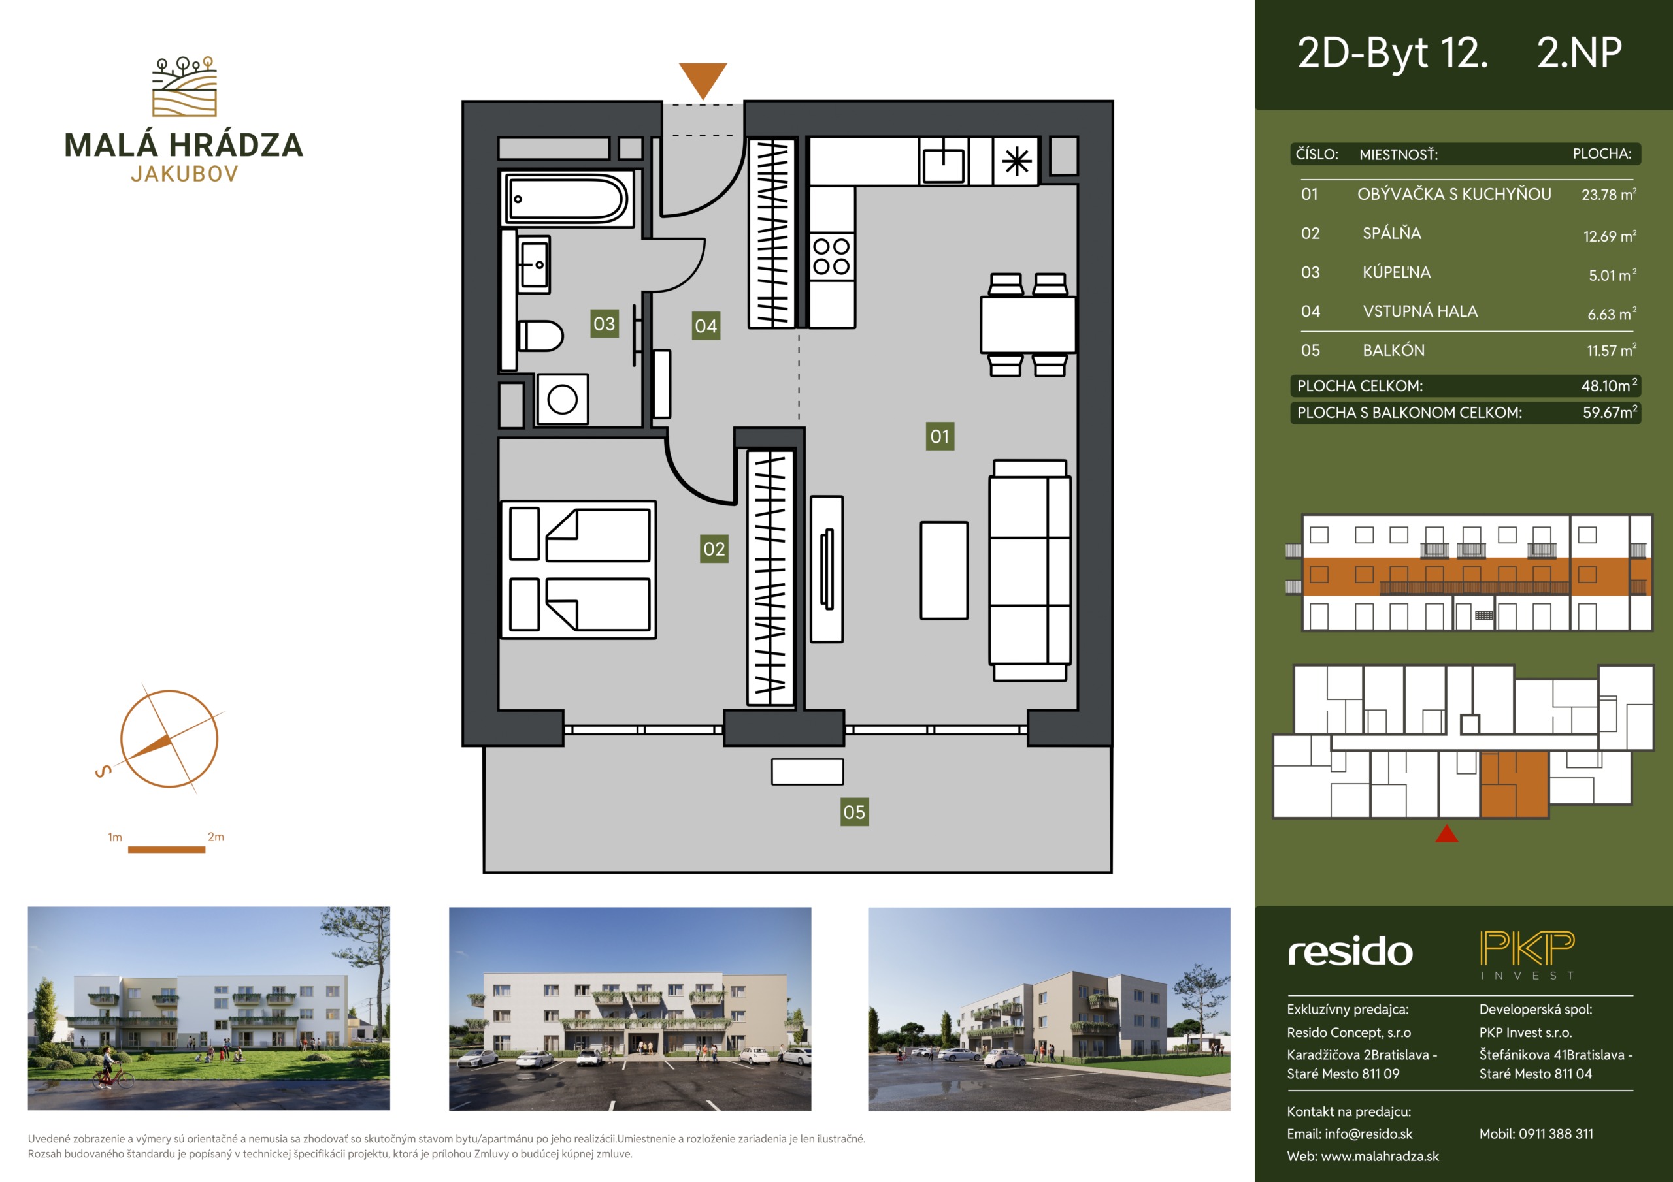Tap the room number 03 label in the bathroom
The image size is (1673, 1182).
coord(604,323)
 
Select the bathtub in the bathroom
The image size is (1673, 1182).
coord(567,198)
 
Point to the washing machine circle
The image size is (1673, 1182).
coord(563,399)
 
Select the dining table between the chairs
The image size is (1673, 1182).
coord(1028,324)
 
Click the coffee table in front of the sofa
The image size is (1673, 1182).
coord(944,570)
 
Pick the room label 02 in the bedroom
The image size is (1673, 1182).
coord(714,549)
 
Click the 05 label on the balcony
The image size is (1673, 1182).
coord(854,812)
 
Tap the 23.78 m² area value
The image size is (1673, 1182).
coord(1609,195)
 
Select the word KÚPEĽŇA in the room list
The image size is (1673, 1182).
coord(1396,272)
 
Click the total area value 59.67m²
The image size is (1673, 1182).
coord(1610,412)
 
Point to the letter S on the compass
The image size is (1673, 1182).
coord(103,771)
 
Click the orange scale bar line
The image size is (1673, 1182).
coord(166,849)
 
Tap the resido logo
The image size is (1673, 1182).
coord(1350,951)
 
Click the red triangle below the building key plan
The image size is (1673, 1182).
coord(1446,833)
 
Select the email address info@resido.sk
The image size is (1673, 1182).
coord(1368,1134)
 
